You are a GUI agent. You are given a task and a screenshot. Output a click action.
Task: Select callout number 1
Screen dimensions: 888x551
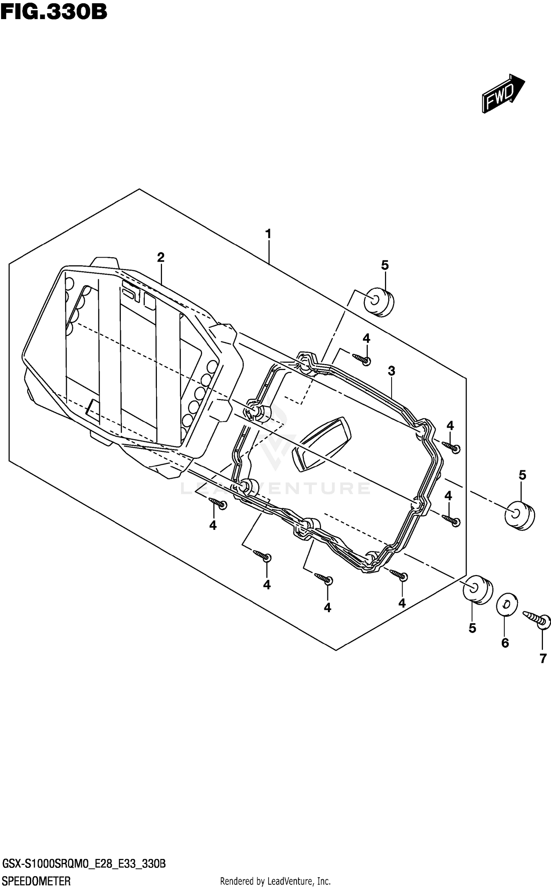pyautogui.click(x=268, y=233)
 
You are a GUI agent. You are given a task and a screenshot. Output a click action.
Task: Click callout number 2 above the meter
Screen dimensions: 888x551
pyautogui.click(x=161, y=258)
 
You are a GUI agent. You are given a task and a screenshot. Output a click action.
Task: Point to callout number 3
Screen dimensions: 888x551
pyautogui.click(x=392, y=371)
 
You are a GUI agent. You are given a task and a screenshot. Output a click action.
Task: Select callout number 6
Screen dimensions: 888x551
pyautogui.click(x=505, y=643)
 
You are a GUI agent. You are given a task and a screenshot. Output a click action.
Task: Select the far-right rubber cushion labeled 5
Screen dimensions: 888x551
pyautogui.click(x=519, y=515)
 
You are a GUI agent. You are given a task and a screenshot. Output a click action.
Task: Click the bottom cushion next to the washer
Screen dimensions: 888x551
pyautogui.click(x=477, y=589)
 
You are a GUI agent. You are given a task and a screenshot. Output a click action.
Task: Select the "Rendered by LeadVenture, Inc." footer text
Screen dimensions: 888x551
pyautogui.click(x=275, y=881)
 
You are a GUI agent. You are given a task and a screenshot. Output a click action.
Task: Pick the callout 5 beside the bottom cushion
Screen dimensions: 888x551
pyautogui.click(x=472, y=628)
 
